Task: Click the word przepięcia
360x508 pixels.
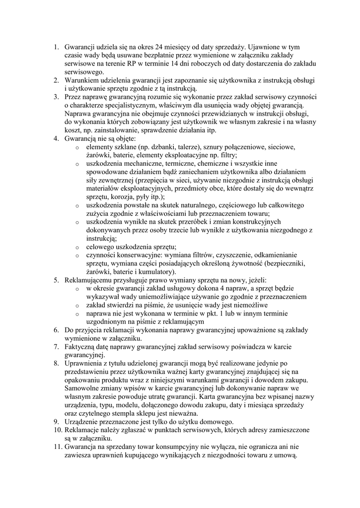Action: point(166,180)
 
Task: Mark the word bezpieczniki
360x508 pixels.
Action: point(284,264)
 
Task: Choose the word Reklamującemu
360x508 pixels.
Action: point(91,281)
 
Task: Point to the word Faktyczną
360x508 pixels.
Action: point(81,347)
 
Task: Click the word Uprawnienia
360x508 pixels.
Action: point(85,364)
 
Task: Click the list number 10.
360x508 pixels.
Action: point(57,431)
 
